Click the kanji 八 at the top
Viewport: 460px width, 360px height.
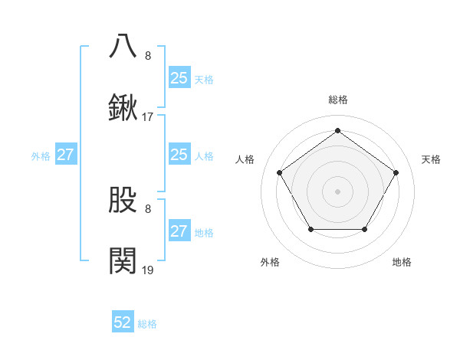123,45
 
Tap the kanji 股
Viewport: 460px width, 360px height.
123,200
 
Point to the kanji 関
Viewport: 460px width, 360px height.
123,261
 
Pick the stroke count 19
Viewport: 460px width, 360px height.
147,270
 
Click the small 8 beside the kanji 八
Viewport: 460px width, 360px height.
147,55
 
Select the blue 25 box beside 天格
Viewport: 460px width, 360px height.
179,77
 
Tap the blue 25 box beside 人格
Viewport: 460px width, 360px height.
179,155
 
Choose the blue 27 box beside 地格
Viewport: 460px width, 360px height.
179,231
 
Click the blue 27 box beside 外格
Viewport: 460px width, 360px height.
65,155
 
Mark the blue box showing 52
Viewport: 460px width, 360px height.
123,323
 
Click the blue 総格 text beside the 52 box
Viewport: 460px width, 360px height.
147,324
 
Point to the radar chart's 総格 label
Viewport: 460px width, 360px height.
337,100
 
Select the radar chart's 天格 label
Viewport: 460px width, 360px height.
431,159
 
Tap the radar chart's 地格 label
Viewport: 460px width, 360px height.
402,262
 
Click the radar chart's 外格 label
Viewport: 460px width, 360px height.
270,262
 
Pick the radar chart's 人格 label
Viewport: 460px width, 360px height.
245,159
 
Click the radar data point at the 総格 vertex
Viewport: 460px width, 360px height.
337,131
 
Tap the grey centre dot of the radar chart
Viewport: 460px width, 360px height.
337,191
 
